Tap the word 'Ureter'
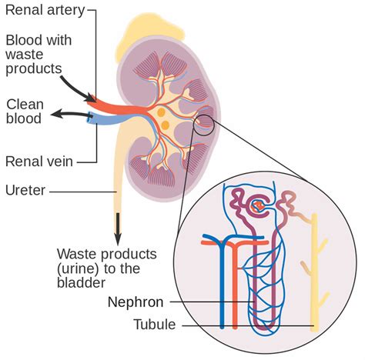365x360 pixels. pyautogui.click(x=25, y=189)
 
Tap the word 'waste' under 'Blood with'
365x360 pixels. pyautogui.click(x=24, y=54)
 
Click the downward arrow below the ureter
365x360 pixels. pyautogui.click(x=119, y=226)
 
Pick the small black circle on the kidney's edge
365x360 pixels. pyautogui.click(x=205, y=122)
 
